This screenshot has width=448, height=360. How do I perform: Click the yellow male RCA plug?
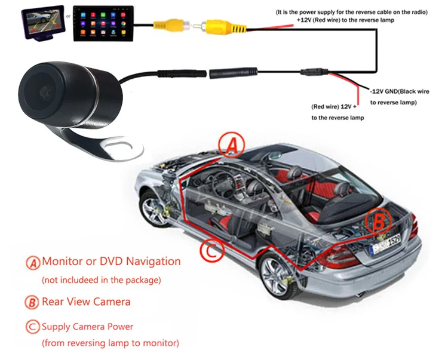tap(168, 25)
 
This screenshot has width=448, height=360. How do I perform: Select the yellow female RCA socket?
tap(215, 26)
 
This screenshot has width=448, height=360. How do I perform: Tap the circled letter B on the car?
tap(378, 222)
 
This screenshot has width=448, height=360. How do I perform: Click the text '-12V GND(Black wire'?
tap(406, 91)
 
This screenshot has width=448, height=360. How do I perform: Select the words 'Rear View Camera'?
tap(86, 301)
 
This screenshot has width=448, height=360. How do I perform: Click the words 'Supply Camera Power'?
tap(88, 327)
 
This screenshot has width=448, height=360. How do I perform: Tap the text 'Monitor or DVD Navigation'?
tap(111, 261)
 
